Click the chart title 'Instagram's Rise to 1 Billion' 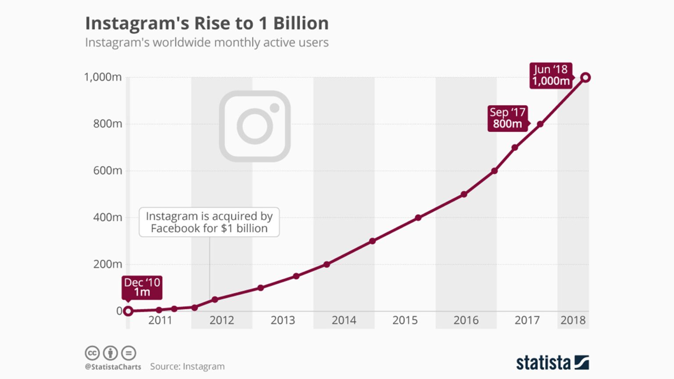coord(207,23)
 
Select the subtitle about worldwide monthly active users coord(207,43)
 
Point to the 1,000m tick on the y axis coord(103,77)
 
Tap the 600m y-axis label coord(108,171)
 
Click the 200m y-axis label coord(108,264)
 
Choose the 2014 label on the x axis coord(344,320)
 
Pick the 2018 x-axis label coord(573,320)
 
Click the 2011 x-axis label coord(160,320)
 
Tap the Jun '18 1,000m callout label coord(551,75)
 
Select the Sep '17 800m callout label coord(507,118)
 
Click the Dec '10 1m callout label coord(142,287)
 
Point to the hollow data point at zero coord(128,311)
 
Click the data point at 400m coord(418,218)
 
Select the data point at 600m coord(494,171)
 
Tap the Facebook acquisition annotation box coord(209,222)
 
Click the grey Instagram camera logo coord(255,126)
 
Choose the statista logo coord(552,363)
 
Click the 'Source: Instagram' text coord(187,366)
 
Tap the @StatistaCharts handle coord(113,367)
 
